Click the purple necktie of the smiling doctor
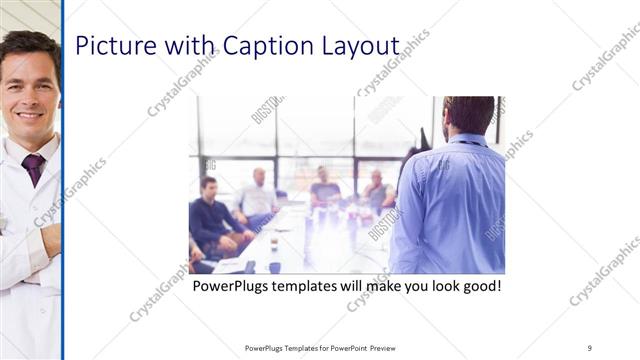[34, 167]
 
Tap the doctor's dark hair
[28, 45]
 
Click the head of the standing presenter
[467, 115]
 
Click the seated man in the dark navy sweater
[210, 215]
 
